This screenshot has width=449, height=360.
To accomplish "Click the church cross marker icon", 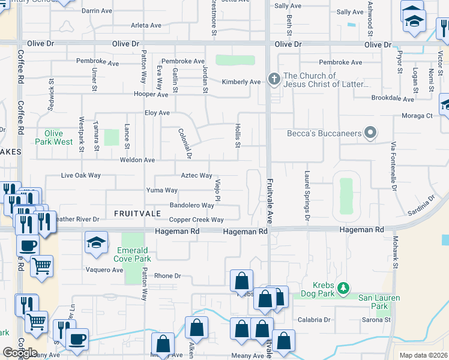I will pyautogui.click(x=274, y=79).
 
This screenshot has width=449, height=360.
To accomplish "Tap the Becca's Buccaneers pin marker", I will pyautogui.click(x=370, y=133).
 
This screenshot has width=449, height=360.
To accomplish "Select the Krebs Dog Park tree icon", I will pyautogui.click(x=343, y=289).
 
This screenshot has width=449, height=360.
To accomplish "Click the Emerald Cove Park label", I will pyautogui.click(x=133, y=254).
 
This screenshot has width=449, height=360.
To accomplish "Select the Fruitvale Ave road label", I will pyautogui.click(x=270, y=199).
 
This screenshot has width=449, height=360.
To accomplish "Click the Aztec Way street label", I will pyautogui.click(x=196, y=176).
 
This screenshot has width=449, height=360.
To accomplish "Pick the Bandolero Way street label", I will pyautogui.click(x=191, y=205).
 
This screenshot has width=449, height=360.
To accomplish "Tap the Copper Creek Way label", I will pyautogui.click(x=196, y=220).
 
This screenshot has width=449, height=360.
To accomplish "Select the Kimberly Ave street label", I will pyautogui.click(x=241, y=82).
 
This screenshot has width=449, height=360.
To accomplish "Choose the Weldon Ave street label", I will pyautogui.click(x=137, y=160).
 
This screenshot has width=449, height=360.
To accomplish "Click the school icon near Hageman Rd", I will pyautogui.click(x=96, y=243).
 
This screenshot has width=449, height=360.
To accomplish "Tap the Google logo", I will pyautogui.click(x=20, y=352).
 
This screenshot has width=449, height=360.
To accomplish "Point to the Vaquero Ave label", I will pyautogui.click(x=104, y=270).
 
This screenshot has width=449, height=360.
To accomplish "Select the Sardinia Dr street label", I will pyautogui.click(x=420, y=205).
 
